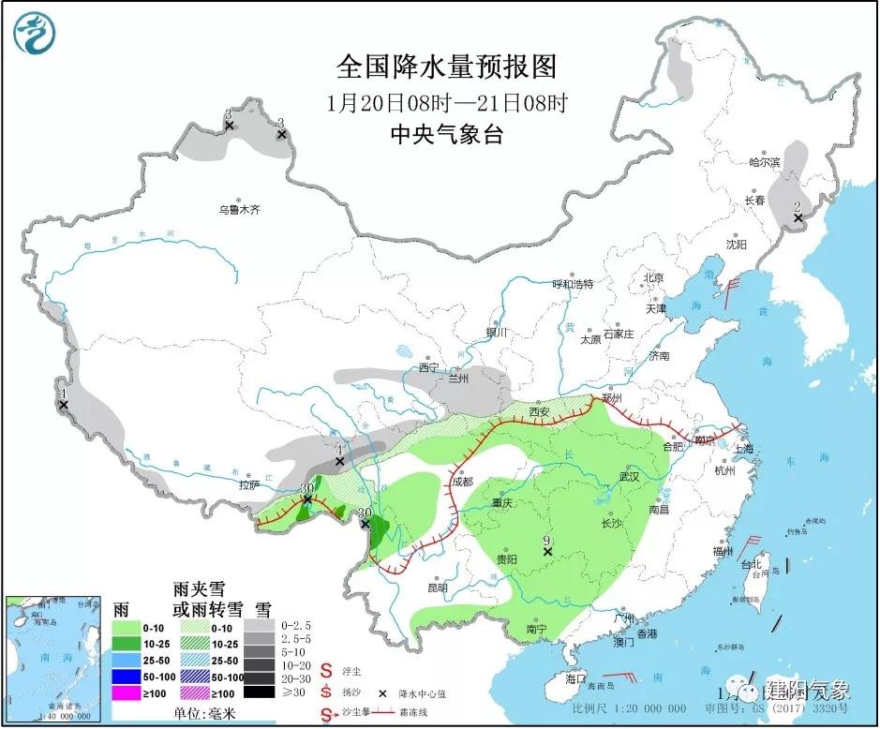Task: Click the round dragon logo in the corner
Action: pos(35,33)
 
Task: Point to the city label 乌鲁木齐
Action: pos(239,211)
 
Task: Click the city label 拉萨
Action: pos(247,485)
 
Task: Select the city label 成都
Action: pos(462,482)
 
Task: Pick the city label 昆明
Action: pos(438,588)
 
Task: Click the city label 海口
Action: pos(575,677)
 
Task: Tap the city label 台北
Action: pos(752,566)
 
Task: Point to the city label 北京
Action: pos(652,277)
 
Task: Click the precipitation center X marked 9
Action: pos(547,552)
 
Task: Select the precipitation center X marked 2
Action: pos(798,218)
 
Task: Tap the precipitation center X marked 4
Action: pos(340,461)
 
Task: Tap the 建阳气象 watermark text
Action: pos(809,691)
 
